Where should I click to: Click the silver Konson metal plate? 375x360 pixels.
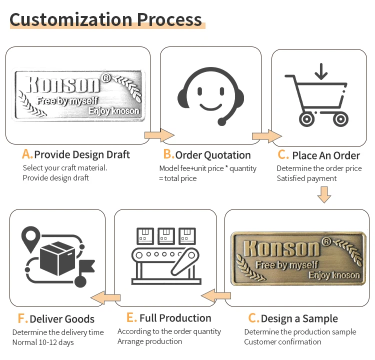pyautogui.click(x=79, y=95)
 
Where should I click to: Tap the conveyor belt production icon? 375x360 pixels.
pyautogui.click(x=165, y=256)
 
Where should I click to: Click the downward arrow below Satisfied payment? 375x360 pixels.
pyautogui.click(x=324, y=194)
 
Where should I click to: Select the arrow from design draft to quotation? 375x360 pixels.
pyautogui.click(x=159, y=134)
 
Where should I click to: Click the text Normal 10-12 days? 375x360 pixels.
pyautogui.click(x=43, y=342)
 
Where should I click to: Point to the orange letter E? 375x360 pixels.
pyautogui.click(x=131, y=318)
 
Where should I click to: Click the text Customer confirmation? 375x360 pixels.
pyautogui.click(x=282, y=341)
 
